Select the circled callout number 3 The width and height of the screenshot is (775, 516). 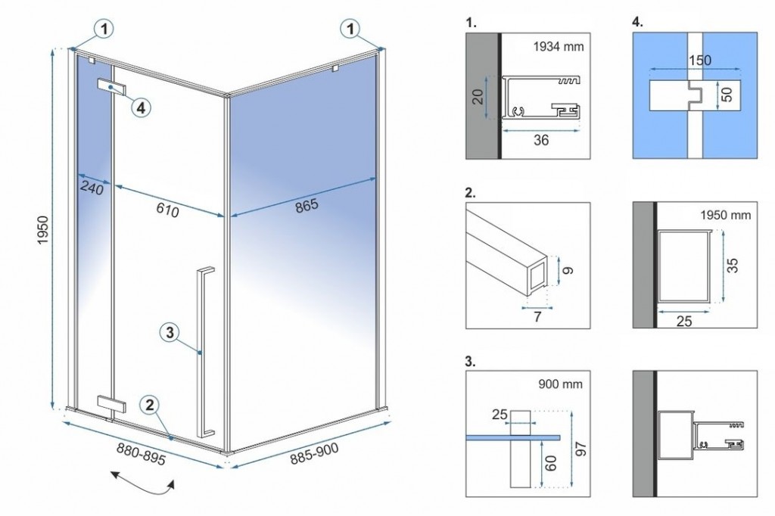click(170, 331)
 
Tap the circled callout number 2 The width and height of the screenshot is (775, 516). click(151, 405)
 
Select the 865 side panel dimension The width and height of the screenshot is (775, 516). click(307, 207)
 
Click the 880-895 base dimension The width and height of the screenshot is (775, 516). click(142, 453)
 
